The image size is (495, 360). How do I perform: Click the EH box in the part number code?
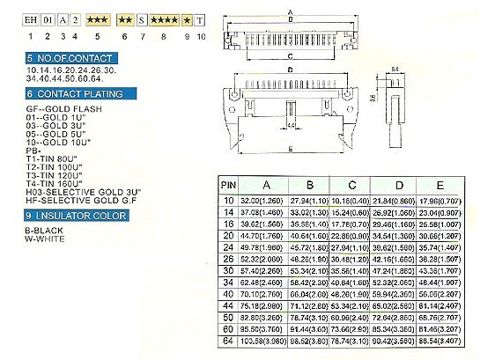point(31,18)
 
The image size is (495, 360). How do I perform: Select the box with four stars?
point(164,18)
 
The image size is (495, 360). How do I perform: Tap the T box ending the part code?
point(202,18)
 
